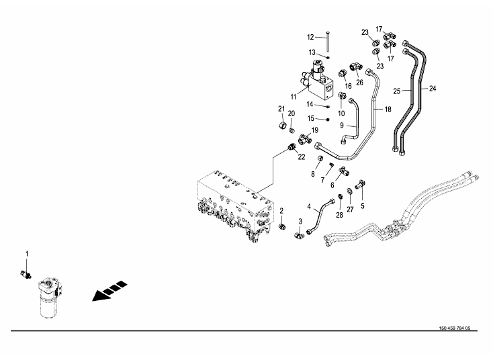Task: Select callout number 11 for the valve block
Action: [294, 97]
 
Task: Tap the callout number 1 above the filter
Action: [27, 253]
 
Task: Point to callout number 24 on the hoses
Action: [433, 89]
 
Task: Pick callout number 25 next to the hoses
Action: [397, 91]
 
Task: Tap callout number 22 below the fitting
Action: [302, 157]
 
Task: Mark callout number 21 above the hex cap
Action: [282, 109]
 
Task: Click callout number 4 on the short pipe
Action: [309, 206]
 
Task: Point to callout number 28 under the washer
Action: [340, 216]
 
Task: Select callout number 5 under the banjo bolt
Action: [362, 206]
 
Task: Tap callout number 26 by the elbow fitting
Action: [359, 83]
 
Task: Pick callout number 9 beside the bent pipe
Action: [341, 125]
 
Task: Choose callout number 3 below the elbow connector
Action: [300, 221]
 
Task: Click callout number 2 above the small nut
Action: [281, 210]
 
